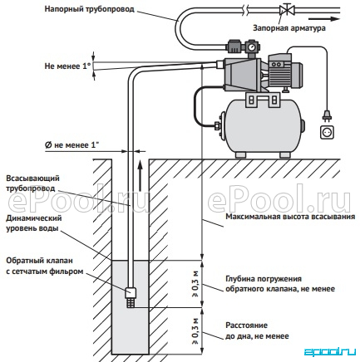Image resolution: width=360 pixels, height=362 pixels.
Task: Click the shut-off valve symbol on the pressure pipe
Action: [284, 10]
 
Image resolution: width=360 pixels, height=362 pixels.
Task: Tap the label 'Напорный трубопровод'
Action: [90, 9]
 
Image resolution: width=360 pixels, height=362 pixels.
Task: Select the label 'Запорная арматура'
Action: [289, 28]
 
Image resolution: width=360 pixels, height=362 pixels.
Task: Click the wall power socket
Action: [328, 131]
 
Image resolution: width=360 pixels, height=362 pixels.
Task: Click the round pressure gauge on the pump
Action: [252, 47]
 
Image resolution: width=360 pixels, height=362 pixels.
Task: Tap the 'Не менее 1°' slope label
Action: [67, 66]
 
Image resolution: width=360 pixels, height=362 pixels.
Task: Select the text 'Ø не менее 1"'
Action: [72, 145]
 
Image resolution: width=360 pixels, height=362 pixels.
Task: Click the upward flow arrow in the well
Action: [141, 175]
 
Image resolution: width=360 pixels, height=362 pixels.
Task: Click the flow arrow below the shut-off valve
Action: [324, 19]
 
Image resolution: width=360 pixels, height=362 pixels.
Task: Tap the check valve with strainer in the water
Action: [131, 297]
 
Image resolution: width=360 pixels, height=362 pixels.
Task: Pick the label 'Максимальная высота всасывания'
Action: [290, 217]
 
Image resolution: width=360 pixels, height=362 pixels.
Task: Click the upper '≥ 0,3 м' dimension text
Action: [195, 284]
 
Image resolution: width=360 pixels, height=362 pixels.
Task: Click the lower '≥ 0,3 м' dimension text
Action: [195, 331]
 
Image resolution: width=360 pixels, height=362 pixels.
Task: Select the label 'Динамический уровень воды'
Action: [34, 223]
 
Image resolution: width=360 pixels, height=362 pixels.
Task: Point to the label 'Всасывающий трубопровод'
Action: [32, 183]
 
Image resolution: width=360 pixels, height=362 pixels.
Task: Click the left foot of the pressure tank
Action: [240, 154]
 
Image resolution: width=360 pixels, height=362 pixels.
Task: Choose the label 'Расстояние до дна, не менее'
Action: [257, 330]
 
